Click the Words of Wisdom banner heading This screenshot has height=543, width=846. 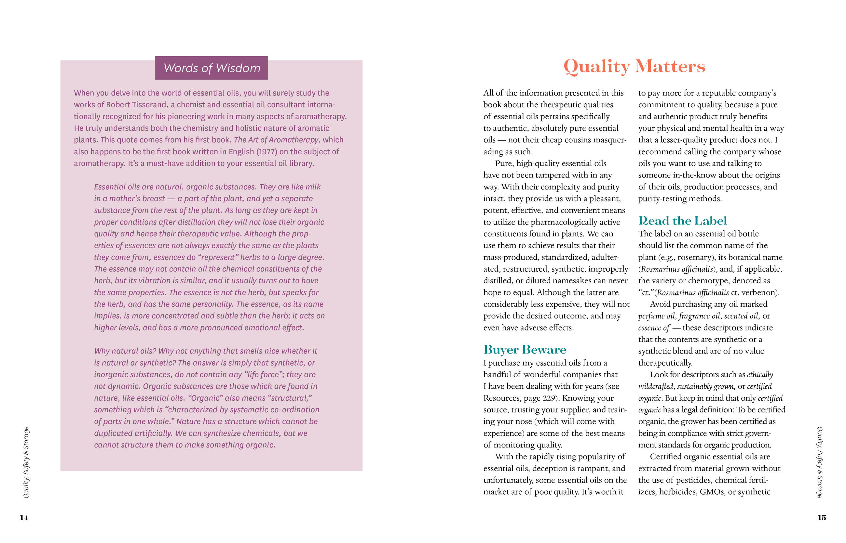pos(211,68)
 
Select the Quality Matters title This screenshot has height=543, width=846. pos(634,66)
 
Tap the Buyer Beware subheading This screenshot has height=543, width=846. pos(525,349)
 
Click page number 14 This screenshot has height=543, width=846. pos(24,518)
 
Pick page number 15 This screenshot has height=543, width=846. pos(822,518)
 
